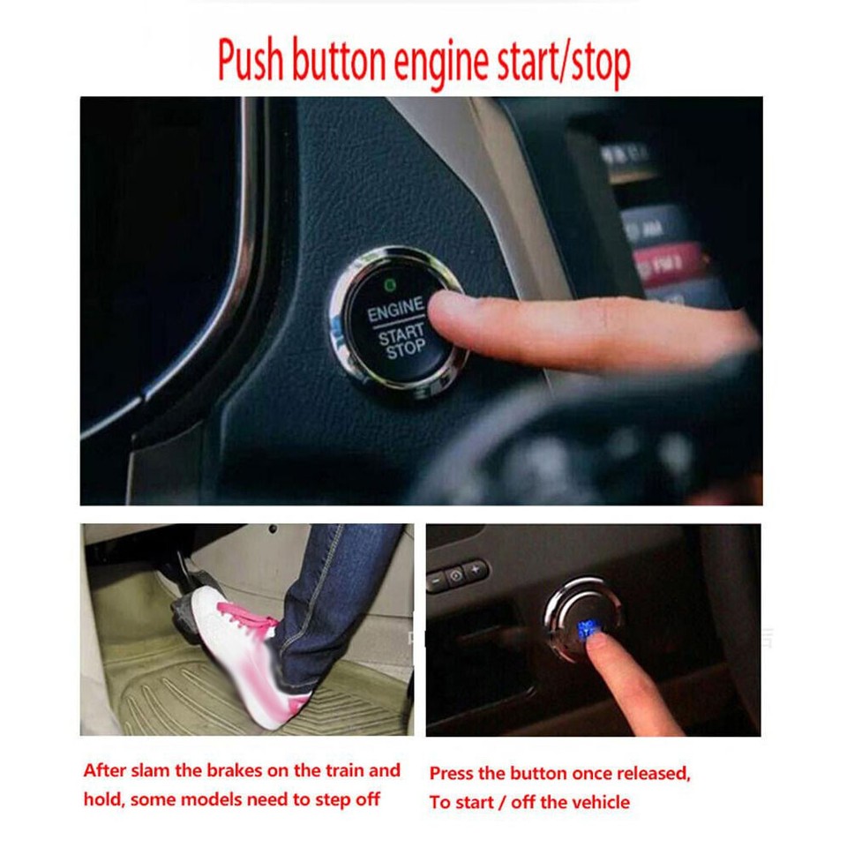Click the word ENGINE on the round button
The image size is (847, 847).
pyautogui.click(x=395, y=311)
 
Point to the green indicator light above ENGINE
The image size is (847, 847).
pyautogui.click(x=388, y=284)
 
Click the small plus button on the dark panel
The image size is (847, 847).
pyautogui.click(x=476, y=570)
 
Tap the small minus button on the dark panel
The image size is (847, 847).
pyautogui.click(x=437, y=581)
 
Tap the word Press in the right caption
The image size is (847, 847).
pyautogui.click(x=453, y=774)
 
